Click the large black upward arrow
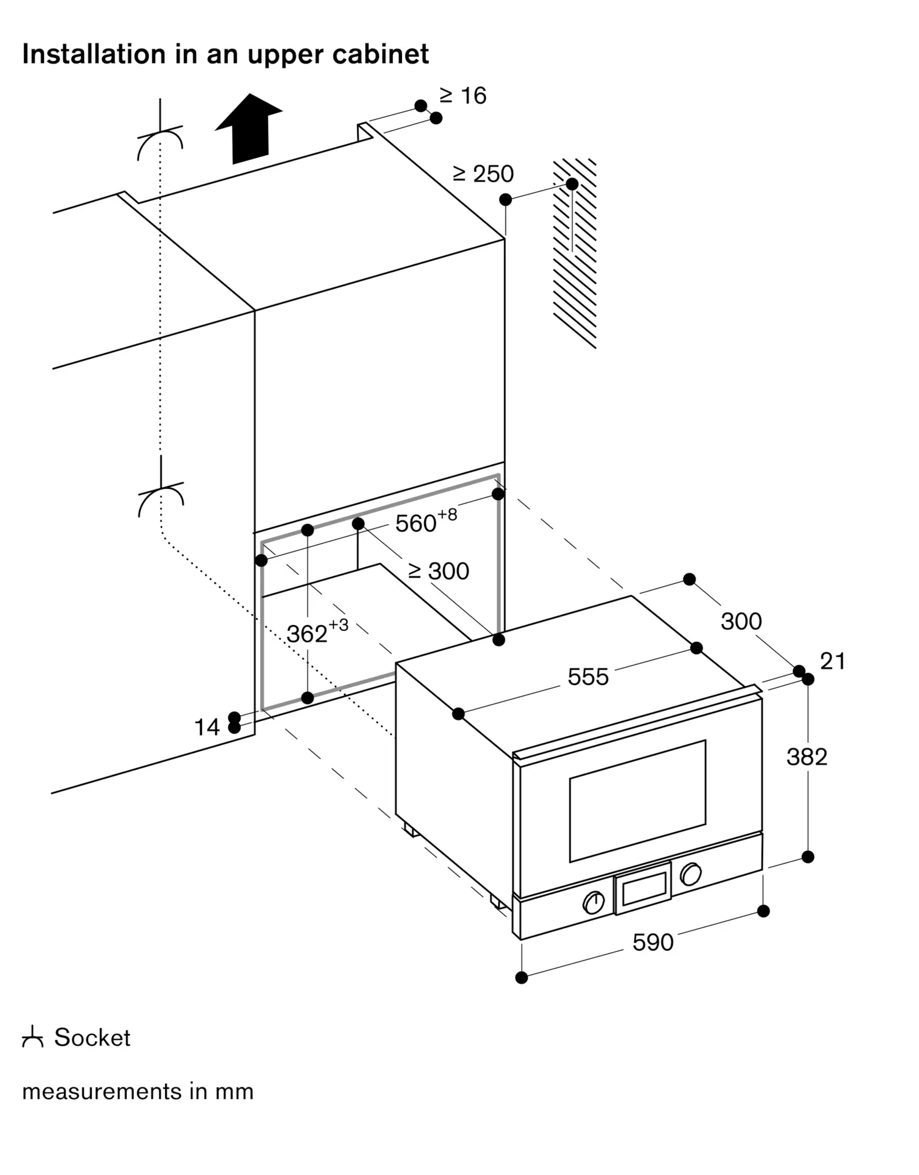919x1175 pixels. tap(249, 128)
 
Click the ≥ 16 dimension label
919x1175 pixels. tap(463, 96)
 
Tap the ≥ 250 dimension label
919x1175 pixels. tap(483, 174)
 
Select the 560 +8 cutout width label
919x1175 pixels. tap(425, 521)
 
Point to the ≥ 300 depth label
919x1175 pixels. tap(439, 571)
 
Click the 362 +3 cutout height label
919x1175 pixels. tap(317, 632)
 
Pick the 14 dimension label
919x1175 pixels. tap(207, 727)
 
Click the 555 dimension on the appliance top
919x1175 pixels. tap(588, 677)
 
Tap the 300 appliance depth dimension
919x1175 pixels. tap(741, 621)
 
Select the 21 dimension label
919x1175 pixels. tap(833, 662)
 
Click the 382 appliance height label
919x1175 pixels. tap(807, 757)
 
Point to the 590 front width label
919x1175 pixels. tap(653, 942)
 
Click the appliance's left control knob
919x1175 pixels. tap(593, 902)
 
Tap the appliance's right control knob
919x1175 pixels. tap(690, 874)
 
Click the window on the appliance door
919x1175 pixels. tap(638, 801)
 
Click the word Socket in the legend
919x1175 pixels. tap(92, 1038)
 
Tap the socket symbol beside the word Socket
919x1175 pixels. tap(32, 1038)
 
